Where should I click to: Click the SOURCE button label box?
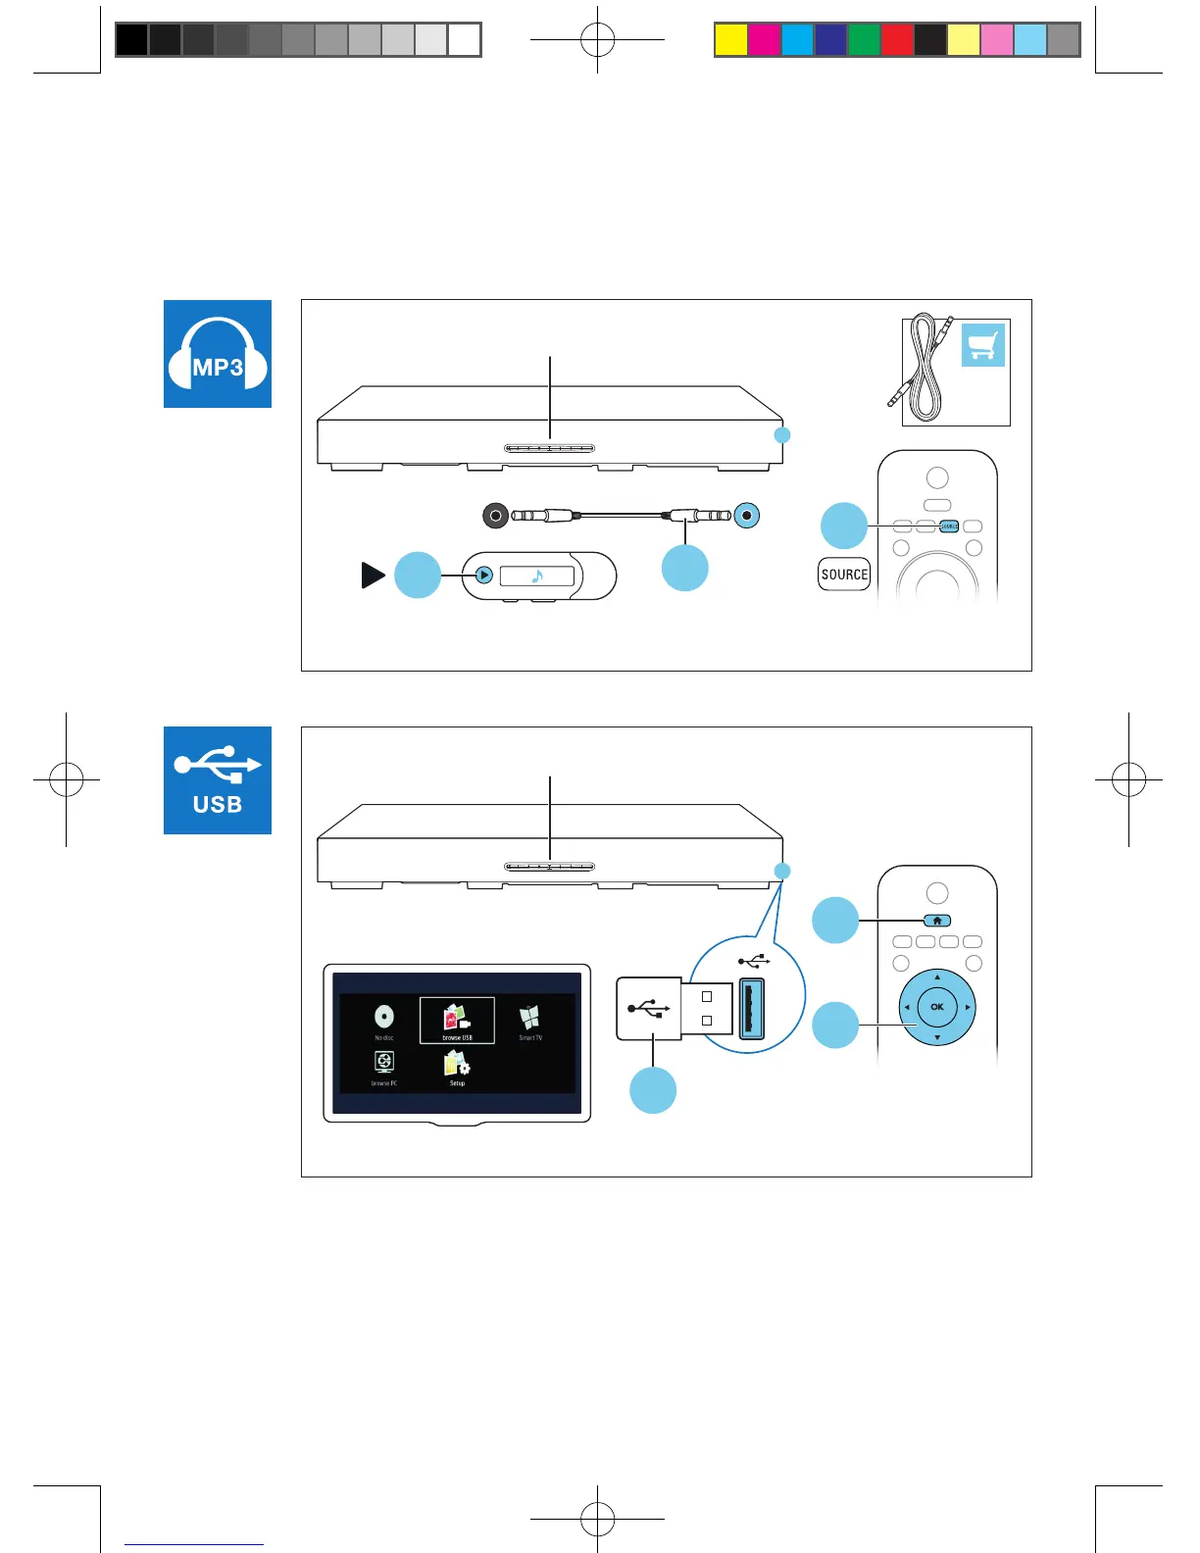pyautogui.click(x=844, y=575)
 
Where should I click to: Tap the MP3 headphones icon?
pyautogui.click(x=218, y=354)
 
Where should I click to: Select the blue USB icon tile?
pyautogui.click(x=218, y=780)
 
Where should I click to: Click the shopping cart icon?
pyautogui.click(x=983, y=345)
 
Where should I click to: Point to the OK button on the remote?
pyautogui.click(x=937, y=1007)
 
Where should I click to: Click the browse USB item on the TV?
pyautogui.click(x=457, y=1021)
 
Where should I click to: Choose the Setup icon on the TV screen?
pyautogui.click(x=457, y=1067)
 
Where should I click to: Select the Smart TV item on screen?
pyautogui.click(x=530, y=1021)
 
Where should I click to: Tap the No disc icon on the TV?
pyautogui.click(x=384, y=1020)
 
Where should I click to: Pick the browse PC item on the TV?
pyautogui.click(x=384, y=1067)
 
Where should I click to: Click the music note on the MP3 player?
pyautogui.click(x=537, y=576)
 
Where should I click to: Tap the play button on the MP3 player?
pyautogui.click(x=483, y=576)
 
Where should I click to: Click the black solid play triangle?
pyautogui.click(x=373, y=576)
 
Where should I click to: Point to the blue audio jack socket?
pyautogui.click(x=747, y=515)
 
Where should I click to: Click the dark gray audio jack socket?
pyautogui.click(x=496, y=515)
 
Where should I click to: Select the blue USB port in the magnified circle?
pyautogui.click(x=751, y=1009)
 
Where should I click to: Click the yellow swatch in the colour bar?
pyautogui.click(x=731, y=40)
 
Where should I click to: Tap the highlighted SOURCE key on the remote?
pyautogui.click(x=948, y=526)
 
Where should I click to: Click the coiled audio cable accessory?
pyautogui.click(x=922, y=368)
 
